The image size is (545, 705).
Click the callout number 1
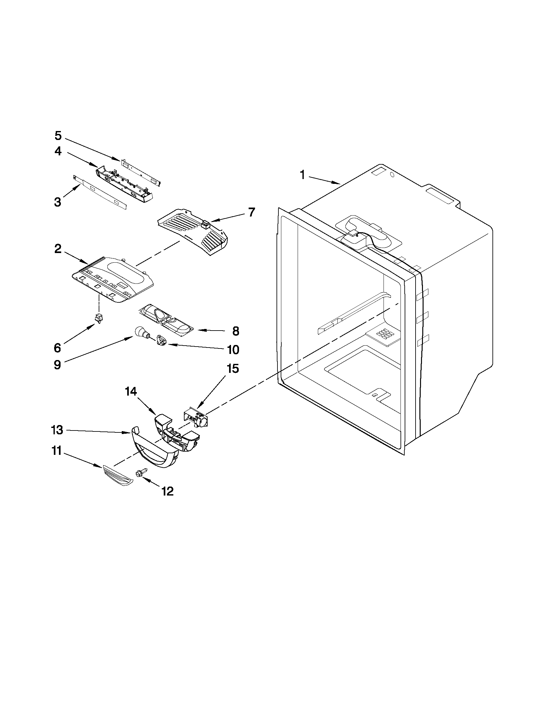tap(302, 175)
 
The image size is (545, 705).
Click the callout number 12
tap(168, 491)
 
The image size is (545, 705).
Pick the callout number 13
tap(57, 430)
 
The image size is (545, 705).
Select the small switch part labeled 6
tap(99, 319)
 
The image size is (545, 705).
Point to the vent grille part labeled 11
tap(117, 473)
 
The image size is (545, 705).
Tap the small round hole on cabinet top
tap(392, 175)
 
